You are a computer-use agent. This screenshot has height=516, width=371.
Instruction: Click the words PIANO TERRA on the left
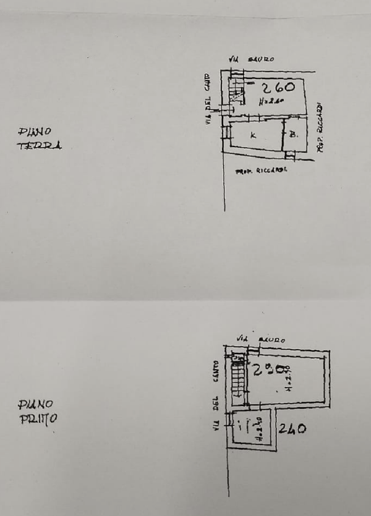click(x=39, y=138)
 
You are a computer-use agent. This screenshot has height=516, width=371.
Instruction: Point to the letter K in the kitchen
click(x=253, y=135)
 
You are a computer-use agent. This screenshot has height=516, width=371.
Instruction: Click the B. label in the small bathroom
click(x=294, y=134)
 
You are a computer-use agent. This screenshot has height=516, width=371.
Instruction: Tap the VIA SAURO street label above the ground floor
click(x=252, y=59)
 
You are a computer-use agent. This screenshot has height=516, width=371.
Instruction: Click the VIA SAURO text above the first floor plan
click(x=260, y=339)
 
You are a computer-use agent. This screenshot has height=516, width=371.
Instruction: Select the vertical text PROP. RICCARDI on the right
click(x=320, y=127)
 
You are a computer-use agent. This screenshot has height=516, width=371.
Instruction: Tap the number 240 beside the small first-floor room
click(x=291, y=428)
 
